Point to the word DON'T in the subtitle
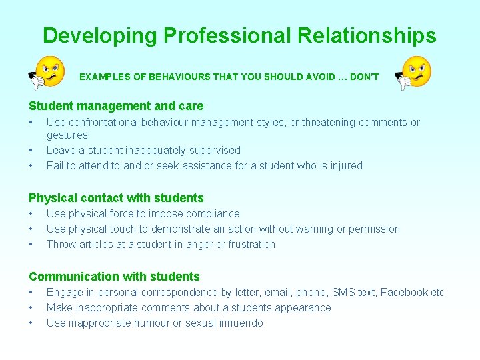pyautogui.click(x=364, y=77)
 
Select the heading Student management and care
pyautogui.click(x=116, y=106)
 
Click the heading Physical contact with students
pyautogui.click(x=116, y=198)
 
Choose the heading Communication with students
pyautogui.click(x=114, y=277)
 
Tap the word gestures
pyautogui.click(x=67, y=135)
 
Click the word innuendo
pyautogui.click(x=241, y=323)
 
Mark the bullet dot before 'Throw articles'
pyautogui.click(x=31, y=245)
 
